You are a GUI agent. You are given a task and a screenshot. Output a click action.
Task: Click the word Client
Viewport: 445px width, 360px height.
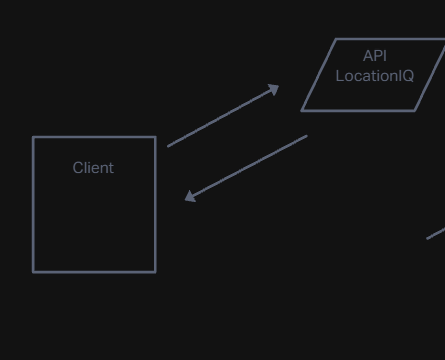(x=93, y=168)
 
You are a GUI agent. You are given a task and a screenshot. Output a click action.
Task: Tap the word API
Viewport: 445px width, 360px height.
(x=375, y=56)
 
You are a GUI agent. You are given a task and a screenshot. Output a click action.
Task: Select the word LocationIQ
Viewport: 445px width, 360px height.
(x=375, y=76)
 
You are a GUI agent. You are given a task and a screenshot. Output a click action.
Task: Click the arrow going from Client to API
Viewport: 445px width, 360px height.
(x=223, y=117)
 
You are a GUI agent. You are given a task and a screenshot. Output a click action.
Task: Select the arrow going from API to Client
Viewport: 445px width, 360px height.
(x=246, y=168)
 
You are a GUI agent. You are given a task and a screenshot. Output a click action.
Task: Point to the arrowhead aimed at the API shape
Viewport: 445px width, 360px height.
(x=275, y=89)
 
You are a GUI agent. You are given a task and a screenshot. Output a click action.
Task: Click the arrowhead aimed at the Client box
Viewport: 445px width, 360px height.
(x=189, y=198)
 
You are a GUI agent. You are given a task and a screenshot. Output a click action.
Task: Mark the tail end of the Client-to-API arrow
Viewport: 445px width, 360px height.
(x=169, y=146)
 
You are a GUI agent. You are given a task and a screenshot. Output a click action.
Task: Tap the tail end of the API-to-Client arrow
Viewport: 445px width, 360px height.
(x=305, y=137)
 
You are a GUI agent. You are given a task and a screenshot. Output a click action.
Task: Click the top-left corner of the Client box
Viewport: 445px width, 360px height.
(x=34, y=137)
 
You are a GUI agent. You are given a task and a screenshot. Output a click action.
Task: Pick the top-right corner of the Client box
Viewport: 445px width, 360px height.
(x=155, y=137)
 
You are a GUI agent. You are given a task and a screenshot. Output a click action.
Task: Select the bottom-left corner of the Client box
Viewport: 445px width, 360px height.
(x=34, y=271)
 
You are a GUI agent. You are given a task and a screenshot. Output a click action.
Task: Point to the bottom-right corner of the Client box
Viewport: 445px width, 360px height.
(x=155, y=271)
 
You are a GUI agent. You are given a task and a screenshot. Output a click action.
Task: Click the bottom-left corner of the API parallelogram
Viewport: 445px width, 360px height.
(x=302, y=110)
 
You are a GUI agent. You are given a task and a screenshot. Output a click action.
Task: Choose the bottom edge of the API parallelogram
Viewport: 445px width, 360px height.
(x=358, y=110)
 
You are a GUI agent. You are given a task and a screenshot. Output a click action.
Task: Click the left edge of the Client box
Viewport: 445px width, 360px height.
(x=34, y=204)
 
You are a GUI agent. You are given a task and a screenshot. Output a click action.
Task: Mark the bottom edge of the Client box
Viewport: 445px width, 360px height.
(x=94, y=271)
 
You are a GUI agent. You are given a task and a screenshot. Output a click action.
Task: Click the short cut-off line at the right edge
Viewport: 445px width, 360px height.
(x=436, y=234)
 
